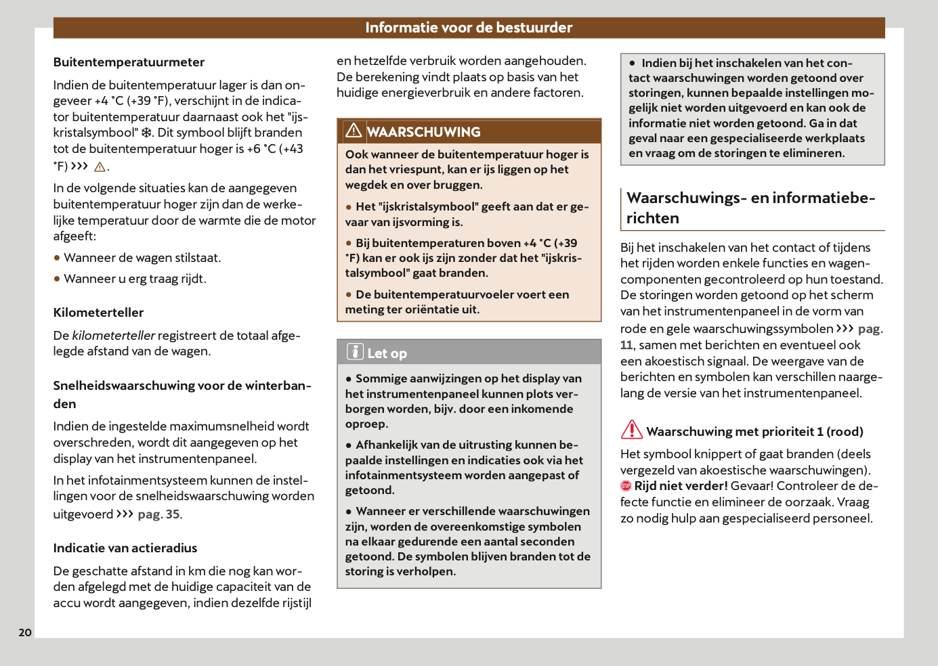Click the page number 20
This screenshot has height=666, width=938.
tap(25, 632)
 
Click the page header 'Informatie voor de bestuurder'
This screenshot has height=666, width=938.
tap(469, 28)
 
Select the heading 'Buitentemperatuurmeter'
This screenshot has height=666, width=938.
tap(129, 62)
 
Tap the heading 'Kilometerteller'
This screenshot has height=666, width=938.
tap(99, 313)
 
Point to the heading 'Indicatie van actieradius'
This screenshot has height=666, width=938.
tap(125, 548)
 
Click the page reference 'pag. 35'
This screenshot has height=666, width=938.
tap(159, 514)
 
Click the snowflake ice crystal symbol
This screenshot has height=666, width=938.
tap(146, 133)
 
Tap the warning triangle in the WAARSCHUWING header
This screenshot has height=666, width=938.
tap(354, 131)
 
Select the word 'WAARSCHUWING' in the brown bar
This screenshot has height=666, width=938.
tap(424, 132)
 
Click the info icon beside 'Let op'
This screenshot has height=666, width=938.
tap(355, 352)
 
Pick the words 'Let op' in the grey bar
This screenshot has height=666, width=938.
tap(387, 353)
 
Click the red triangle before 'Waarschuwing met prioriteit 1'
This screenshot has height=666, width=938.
tap(632, 429)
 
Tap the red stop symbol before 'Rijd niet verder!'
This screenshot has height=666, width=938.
tap(626, 486)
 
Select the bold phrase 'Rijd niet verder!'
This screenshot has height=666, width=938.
tap(681, 486)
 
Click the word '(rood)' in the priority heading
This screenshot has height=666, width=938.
tap(845, 432)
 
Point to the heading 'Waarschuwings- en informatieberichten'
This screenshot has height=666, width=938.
tap(750, 208)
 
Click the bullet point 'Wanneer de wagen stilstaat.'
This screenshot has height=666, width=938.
tap(142, 258)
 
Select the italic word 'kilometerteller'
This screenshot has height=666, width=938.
tap(114, 336)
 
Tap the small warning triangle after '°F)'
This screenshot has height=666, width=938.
tap(100, 167)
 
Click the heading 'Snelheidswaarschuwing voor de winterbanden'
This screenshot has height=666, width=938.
tap(182, 395)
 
